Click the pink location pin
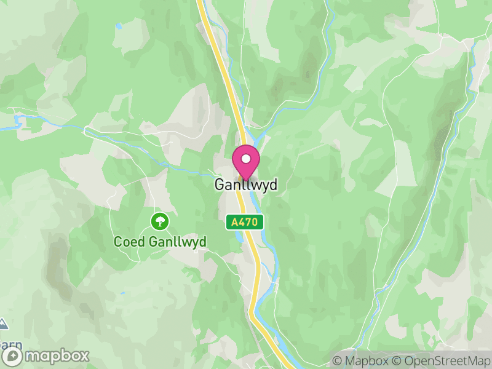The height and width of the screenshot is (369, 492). [246, 161]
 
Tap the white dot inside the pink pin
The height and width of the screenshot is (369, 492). [246, 159]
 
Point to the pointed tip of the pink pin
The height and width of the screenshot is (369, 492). [246, 180]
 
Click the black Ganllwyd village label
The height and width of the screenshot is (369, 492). [245, 184]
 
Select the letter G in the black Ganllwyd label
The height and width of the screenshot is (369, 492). [219, 184]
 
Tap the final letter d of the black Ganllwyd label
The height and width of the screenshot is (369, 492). [273, 184]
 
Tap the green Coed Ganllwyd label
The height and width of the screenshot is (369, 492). [160, 242]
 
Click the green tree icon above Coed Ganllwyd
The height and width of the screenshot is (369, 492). [160, 220]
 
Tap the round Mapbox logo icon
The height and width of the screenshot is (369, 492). [12, 356]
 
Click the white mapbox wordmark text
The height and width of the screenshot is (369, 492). [56, 356]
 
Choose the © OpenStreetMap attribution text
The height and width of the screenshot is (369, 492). [440, 360]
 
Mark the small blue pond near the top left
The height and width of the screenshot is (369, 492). [118, 26]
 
